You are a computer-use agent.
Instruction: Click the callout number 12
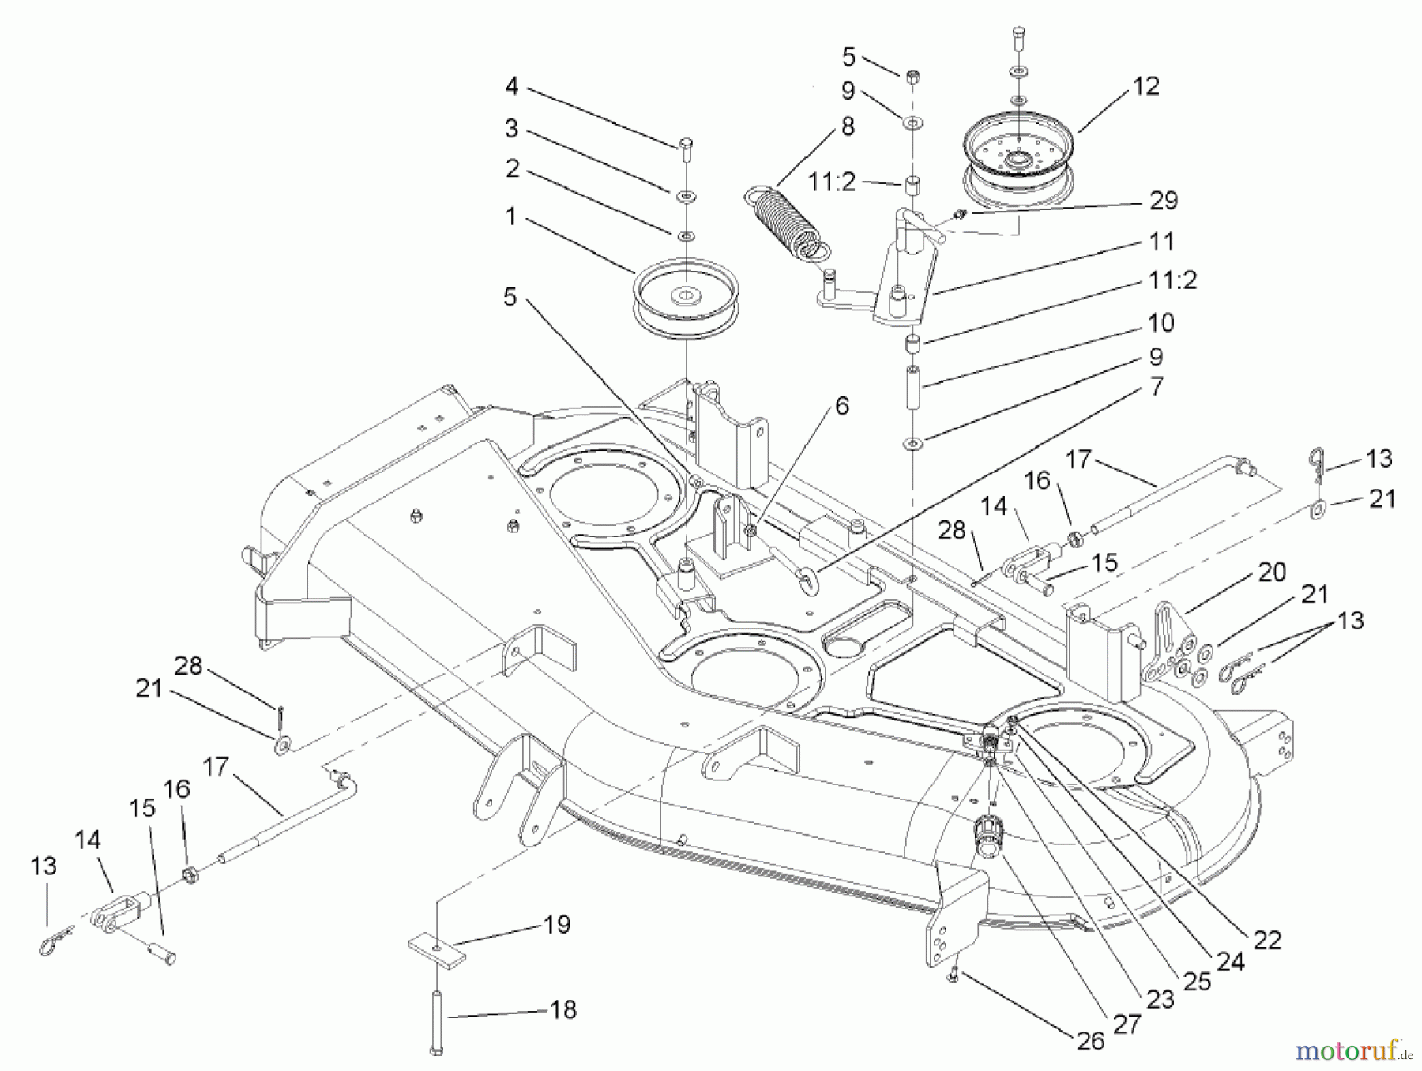coord(1145,86)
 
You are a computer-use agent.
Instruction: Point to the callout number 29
coord(1163,201)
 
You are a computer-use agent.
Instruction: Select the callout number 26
coord(1091,1041)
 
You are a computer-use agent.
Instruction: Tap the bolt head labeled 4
coord(685,144)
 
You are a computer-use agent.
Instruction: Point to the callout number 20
coord(1272,572)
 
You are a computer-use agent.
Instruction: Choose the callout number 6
coord(841,406)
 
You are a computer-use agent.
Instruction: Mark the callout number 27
coord(1127,1024)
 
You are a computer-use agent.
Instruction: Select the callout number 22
coord(1266,940)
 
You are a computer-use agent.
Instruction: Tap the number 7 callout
coord(1156,387)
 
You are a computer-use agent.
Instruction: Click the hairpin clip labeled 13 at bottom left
coord(55,941)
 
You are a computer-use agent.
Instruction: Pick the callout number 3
coord(511,127)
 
